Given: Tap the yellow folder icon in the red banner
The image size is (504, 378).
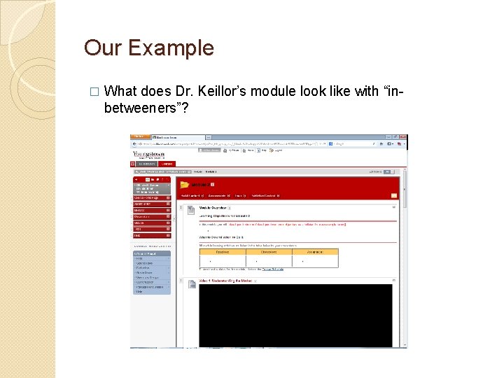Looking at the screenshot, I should coord(185,185).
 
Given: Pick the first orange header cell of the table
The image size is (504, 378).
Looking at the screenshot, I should coord(222,252).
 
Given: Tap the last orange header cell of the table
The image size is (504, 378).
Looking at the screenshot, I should coord(314,252).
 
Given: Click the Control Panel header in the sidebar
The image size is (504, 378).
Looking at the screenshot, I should coord(151,246).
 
